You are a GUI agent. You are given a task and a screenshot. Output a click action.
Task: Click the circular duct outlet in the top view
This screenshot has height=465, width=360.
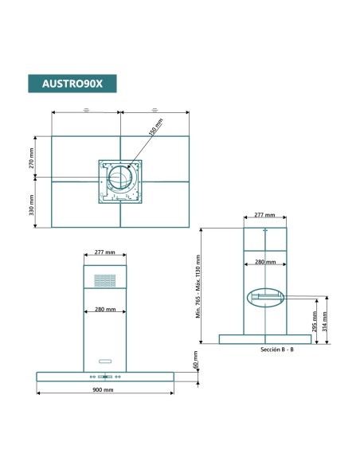tap(121, 181)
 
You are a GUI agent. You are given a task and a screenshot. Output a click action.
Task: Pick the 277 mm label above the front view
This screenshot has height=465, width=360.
tap(105, 252)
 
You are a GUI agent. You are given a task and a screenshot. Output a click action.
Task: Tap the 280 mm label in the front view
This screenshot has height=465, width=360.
tap(105, 309)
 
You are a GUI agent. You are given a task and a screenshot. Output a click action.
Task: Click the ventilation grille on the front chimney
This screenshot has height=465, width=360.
tap(105, 282)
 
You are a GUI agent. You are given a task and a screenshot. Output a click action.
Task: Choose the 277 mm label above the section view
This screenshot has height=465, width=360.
tap(264, 215)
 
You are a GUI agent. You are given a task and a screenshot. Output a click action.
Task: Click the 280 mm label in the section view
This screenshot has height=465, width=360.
tap(264, 262)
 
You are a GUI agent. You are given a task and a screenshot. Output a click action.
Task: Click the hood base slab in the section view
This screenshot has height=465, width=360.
tap(265, 340)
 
